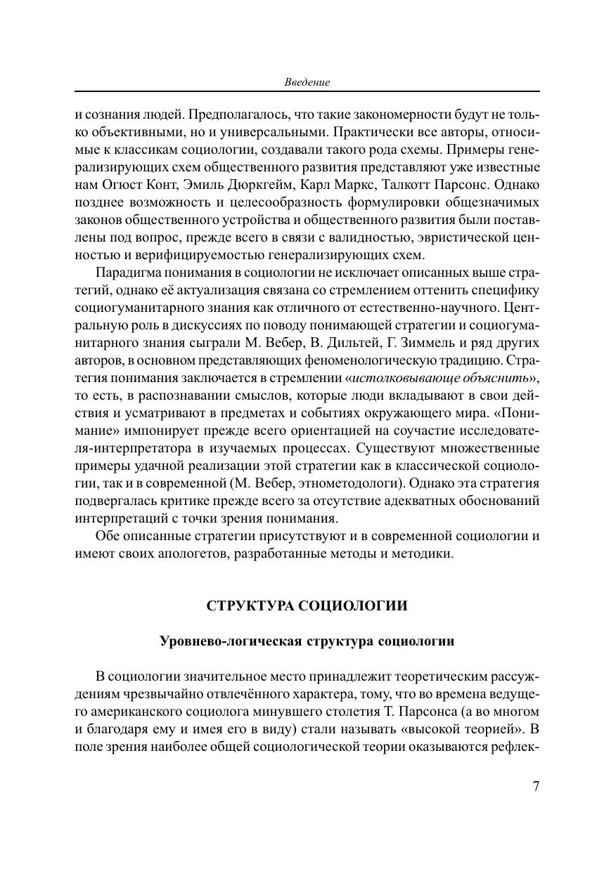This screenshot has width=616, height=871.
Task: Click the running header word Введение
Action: click(x=307, y=82)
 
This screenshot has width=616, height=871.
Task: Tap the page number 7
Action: click(x=536, y=786)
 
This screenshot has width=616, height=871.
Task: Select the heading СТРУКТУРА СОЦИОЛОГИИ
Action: click(x=307, y=606)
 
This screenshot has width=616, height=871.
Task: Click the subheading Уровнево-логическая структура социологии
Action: click(x=307, y=641)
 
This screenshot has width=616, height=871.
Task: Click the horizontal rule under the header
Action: click(x=307, y=91)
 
